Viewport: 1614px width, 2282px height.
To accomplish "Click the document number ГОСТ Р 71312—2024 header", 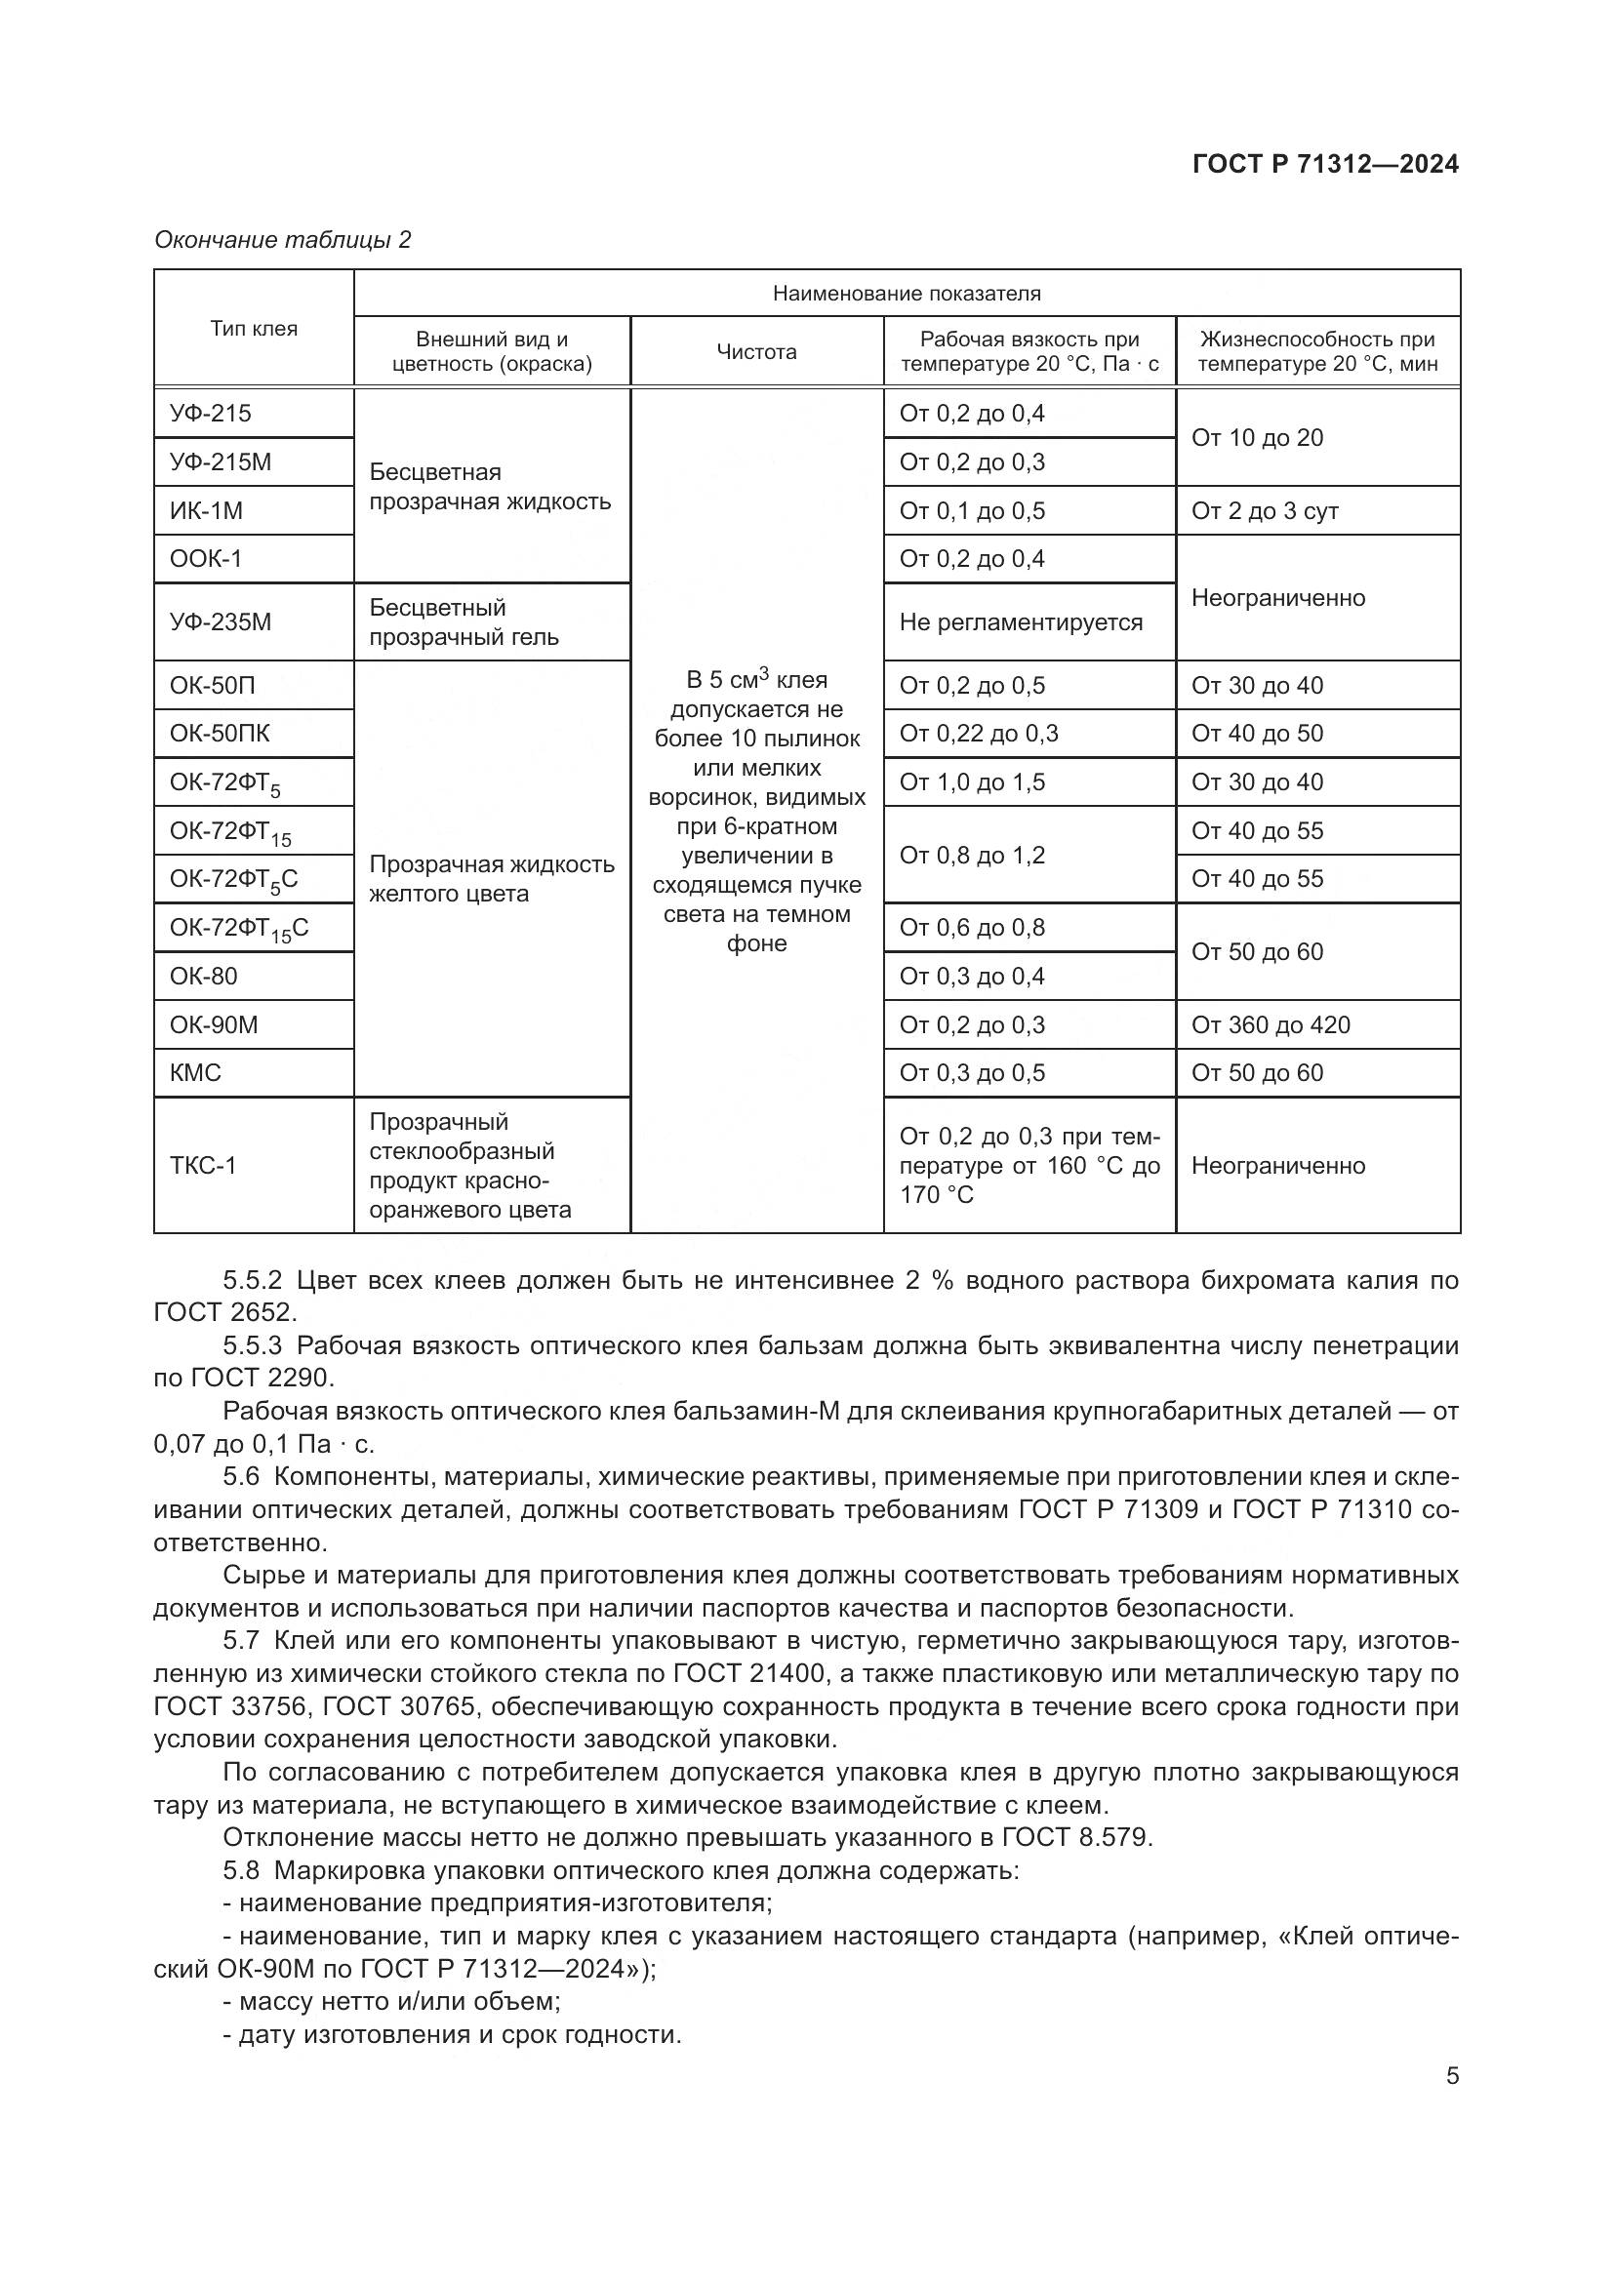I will [x=1325, y=164].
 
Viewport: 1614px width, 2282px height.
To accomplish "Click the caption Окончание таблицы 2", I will [x=282, y=240].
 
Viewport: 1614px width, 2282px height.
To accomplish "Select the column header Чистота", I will [x=756, y=352].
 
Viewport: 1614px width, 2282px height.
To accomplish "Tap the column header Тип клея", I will [x=254, y=329].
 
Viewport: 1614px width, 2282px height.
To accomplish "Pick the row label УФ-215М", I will [x=221, y=462].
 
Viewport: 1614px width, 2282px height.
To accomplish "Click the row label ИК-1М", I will [x=206, y=511].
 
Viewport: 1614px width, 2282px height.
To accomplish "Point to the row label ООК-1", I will [x=206, y=559].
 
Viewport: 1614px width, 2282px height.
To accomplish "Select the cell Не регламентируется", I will [x=1021, y=622].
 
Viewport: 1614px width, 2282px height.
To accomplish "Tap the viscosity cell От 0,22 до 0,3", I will [x=978, y=734].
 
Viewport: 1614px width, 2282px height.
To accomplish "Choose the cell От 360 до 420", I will [x=1271, y=1024].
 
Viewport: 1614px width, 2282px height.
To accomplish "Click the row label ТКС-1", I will [x=203, y=1165].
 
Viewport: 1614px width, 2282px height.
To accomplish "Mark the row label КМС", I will [x=196, y=1072].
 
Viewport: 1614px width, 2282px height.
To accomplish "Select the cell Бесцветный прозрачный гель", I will [x=464, y=622].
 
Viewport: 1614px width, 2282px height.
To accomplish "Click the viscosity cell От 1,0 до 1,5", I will [x=972, y=782].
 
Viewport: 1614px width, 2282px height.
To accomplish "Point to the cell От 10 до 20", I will [x=1256, y=437].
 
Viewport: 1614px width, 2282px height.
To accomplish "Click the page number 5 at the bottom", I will [x=1452, y=2075].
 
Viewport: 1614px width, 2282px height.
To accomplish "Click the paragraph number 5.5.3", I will [x=253, y=1344].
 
